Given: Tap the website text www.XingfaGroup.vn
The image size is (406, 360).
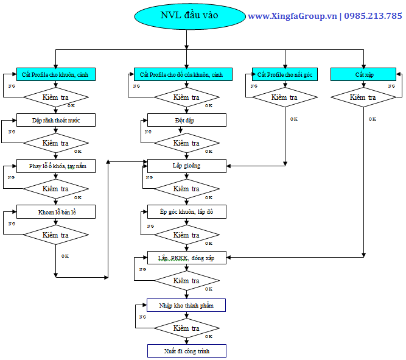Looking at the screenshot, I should click(292, 16).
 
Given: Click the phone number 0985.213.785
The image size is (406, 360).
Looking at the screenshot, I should click(373, 16).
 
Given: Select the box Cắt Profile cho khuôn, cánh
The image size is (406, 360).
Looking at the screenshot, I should click(55, 74).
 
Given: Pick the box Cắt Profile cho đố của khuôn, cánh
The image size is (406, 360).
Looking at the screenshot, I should click(181, 74).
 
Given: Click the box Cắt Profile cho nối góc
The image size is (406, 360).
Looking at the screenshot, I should click(285, 74).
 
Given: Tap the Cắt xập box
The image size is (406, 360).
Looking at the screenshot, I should click(363, 74).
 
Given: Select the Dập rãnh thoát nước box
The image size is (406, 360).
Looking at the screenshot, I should click(55, 120).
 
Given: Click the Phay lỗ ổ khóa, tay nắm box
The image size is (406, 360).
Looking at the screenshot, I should click(55, 166).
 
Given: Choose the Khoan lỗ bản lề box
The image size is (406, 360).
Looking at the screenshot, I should click(55, 211).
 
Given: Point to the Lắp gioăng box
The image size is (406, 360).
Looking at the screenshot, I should click(187, 166).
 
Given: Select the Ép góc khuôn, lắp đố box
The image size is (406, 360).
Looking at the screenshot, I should click(187, 211).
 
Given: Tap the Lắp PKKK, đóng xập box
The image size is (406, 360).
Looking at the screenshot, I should click(187, 258).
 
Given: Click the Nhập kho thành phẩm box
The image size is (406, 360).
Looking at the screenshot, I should click(187, 304).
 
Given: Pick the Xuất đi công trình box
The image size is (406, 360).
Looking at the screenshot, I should click(187, 351).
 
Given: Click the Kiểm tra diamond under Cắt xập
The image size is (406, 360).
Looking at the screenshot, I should click(363, 97).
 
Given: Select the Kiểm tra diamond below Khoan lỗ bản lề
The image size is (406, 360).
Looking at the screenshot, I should click(55, 235).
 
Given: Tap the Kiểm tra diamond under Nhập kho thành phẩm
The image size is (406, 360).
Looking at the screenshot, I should click(187, 328).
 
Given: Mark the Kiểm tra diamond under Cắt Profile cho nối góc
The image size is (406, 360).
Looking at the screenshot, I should click(285, 97).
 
